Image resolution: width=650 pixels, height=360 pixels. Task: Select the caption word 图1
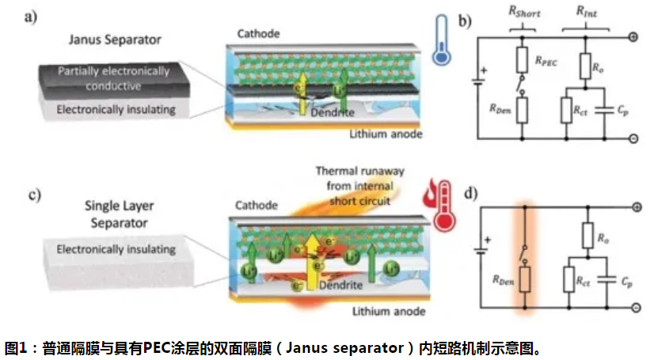click(19, 347)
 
